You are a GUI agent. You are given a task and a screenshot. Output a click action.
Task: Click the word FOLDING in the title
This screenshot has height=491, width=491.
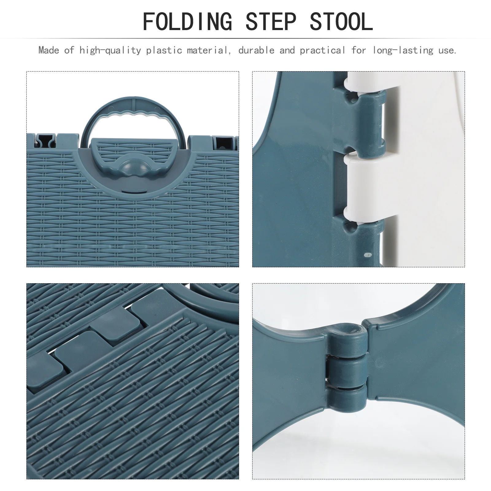click(x=187, y=22)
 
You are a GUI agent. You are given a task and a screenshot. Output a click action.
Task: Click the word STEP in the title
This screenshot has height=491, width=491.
click(x=271, y=22)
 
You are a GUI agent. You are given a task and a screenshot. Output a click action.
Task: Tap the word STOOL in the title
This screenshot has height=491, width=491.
click(x=341, y=22)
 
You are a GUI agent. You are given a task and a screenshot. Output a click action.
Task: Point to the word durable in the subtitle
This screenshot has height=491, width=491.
click(x=256, y=50)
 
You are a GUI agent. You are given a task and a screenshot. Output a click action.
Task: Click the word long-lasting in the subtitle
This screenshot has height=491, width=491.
click(x=403, y=50)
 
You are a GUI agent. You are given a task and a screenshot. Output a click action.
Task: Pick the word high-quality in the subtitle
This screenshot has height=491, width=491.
click(x=110, y=50)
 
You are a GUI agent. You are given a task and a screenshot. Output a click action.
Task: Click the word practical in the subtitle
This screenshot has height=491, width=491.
click(x=322, y=50)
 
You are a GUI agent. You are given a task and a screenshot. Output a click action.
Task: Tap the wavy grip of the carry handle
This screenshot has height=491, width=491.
click(x=134, y=116)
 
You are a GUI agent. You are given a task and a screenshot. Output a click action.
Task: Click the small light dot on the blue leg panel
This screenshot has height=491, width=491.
click(x=366, y=254)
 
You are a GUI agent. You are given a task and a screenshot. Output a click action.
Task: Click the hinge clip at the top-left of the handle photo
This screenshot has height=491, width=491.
click(x=45, y=141)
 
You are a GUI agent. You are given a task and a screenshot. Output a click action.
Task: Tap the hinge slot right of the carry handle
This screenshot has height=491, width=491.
click(x=220, y=141)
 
